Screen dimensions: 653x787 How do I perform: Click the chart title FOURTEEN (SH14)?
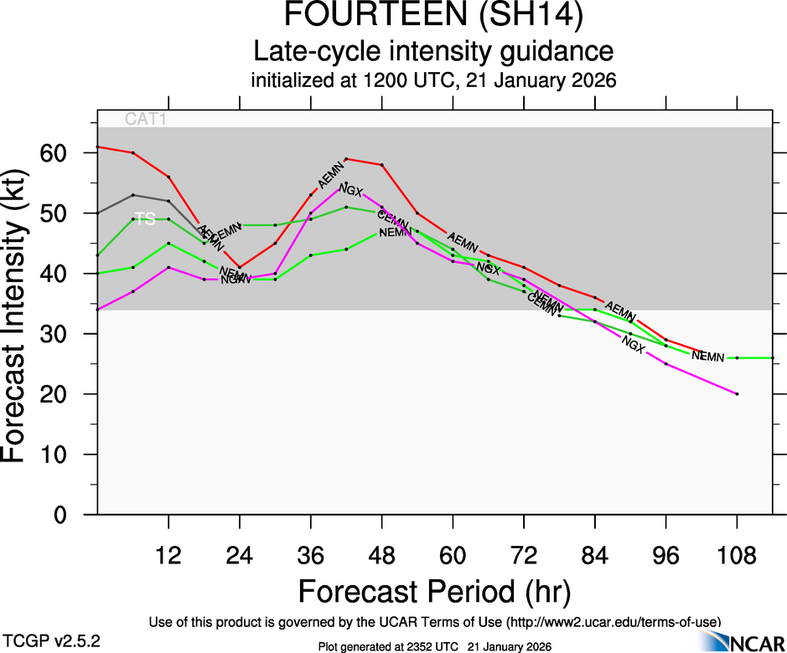point(433,18)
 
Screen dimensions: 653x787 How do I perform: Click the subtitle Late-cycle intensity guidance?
point(433,52)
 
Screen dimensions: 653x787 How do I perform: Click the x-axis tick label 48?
point(382,555)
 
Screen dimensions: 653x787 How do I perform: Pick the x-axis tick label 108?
point(737,555)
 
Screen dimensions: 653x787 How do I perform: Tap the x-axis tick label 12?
point(169,555)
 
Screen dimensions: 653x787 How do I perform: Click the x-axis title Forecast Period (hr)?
point(433,592)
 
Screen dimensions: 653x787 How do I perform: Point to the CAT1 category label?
point(146,119)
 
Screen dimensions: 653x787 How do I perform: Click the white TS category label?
point(145,219)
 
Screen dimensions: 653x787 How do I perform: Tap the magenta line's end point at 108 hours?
point(737,393)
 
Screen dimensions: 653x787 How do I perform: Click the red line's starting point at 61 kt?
point(98,147)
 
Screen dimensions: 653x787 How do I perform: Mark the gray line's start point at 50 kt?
point(98,213)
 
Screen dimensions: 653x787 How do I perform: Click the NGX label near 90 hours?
point(634,343)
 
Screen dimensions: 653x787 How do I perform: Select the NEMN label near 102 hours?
point(707,357)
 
